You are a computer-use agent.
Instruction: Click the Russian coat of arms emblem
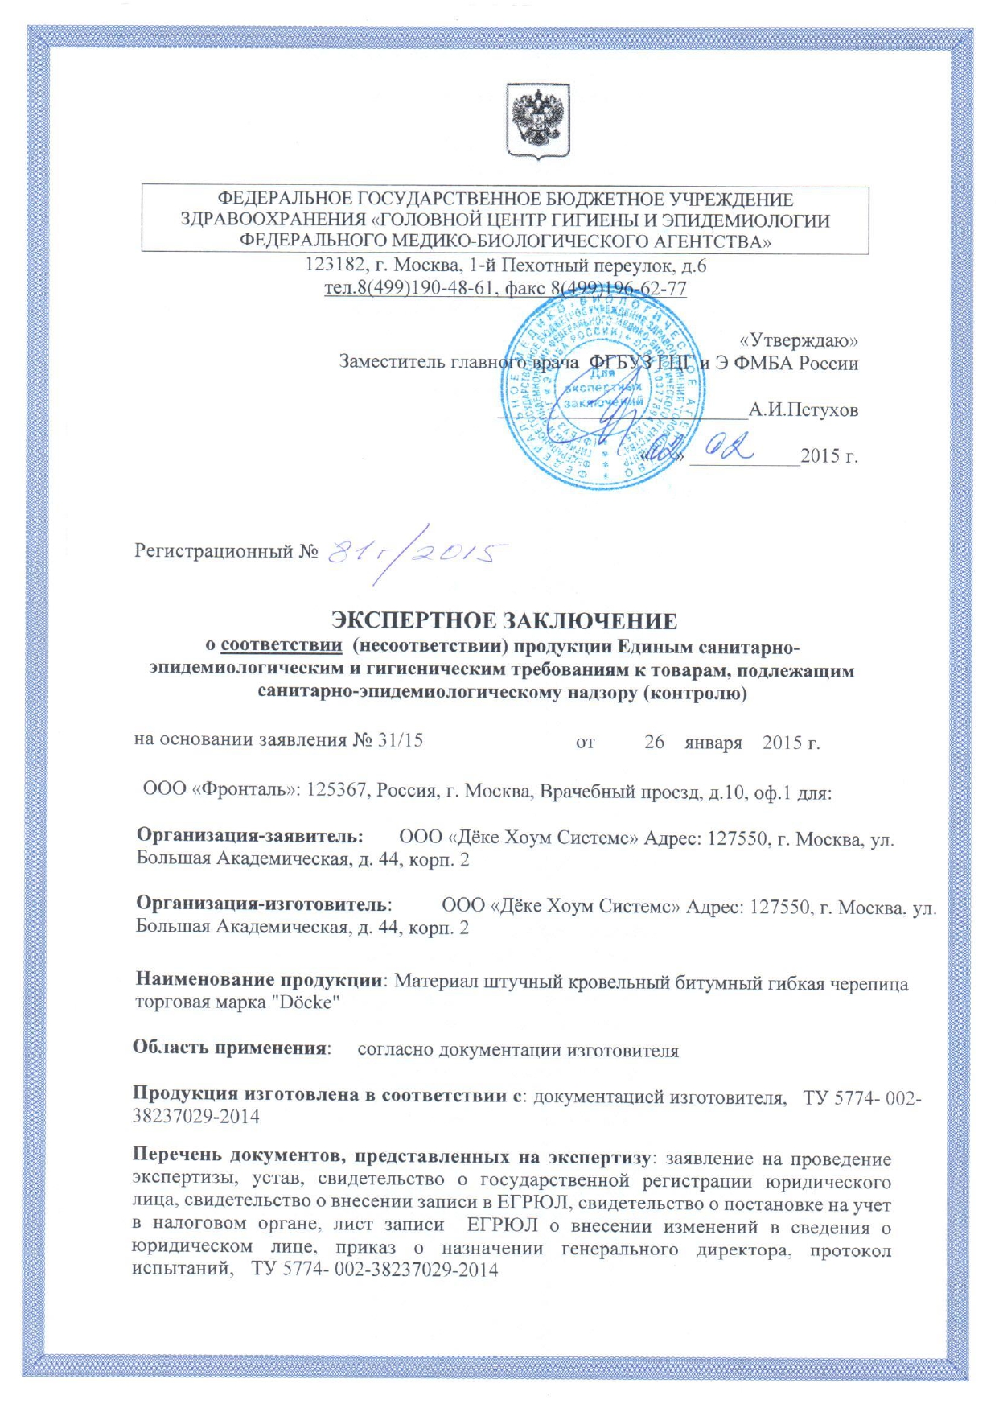tap(537, 121)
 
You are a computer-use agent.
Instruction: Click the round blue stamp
tap(602, 391)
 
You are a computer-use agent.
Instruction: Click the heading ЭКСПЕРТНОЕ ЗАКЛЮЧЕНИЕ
tap(504, 621)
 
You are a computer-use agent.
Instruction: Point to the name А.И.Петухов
tap(803, 410)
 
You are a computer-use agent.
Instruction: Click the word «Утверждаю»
tap(798, 340)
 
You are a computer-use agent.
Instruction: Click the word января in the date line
tap(713, 742)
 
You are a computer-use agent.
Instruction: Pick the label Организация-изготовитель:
tap(264, 904)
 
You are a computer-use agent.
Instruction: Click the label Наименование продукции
tap(258, 980)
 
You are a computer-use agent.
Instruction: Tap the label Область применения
tap(231, 1048)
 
